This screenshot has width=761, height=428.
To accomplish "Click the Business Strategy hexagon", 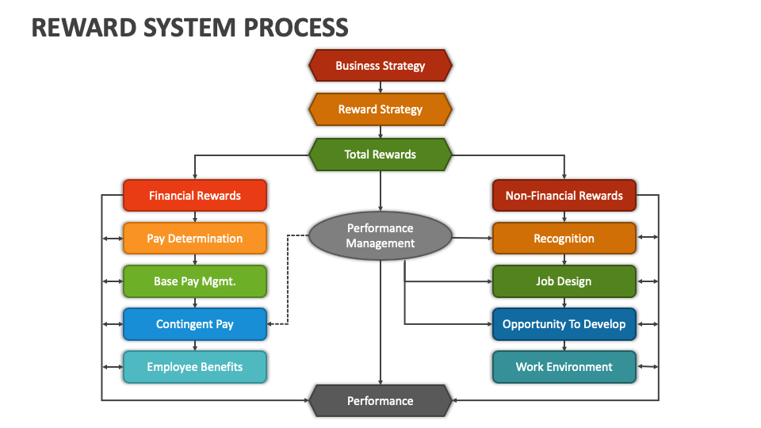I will (380, 66).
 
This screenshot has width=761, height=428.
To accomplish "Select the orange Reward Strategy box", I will (380, 109).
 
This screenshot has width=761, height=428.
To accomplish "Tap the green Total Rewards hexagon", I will (380, 155).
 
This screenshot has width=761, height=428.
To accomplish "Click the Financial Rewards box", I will (195, 196).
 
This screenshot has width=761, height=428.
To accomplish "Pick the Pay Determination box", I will (195, 239).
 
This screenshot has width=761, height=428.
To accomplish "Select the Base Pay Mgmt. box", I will (195, 281).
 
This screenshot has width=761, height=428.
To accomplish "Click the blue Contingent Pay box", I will (195, 324).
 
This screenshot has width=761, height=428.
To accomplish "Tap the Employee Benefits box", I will (195, 367).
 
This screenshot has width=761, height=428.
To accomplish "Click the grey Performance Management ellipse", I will (380, 236).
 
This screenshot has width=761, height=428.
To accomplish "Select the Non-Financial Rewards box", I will (564, 196).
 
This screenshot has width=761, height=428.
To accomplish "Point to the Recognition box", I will (564, 239).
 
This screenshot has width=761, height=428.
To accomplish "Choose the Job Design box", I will (564, 281).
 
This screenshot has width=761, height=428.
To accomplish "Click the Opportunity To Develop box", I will (564, 324).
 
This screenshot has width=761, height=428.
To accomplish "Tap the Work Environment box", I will (564, 367).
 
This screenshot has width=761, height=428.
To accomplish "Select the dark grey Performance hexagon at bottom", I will (380, 401).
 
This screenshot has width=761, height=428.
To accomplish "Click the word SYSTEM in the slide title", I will (197, 27).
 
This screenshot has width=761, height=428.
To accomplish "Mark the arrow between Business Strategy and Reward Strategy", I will (380, 87).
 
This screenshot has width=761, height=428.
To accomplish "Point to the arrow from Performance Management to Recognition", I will (472, 238).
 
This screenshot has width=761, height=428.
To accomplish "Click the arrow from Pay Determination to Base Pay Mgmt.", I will (195, 260).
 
